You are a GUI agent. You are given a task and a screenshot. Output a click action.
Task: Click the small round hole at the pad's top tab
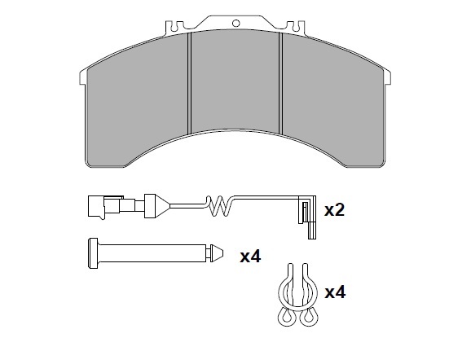[236, 23]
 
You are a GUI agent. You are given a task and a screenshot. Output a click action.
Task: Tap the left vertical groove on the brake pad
[189, 83]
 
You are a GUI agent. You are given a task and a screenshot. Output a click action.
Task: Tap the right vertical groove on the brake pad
[280, 83]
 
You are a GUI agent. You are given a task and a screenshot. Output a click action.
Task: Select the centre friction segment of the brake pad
[235, 81]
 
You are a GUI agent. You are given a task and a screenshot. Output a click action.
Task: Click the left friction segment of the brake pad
[138, 100]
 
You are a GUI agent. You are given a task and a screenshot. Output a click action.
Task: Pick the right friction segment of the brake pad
[333, 100]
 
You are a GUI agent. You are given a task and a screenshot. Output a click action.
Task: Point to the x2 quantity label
[334, 210]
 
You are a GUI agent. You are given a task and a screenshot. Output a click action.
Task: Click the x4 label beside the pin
[250, 257]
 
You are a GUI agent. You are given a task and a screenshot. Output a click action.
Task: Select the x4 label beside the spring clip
[335, 292]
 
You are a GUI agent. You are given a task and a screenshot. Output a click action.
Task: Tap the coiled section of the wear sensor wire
[220, 206]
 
